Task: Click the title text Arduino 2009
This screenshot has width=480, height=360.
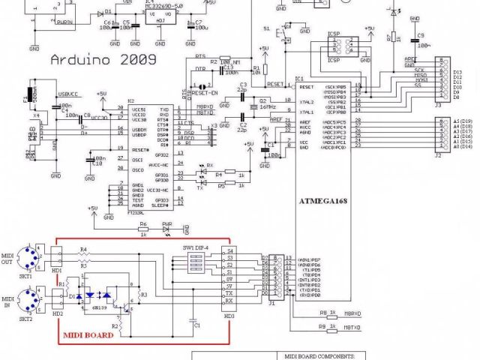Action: point(103,59)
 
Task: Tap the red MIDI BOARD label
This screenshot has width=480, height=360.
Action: point(88,336)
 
